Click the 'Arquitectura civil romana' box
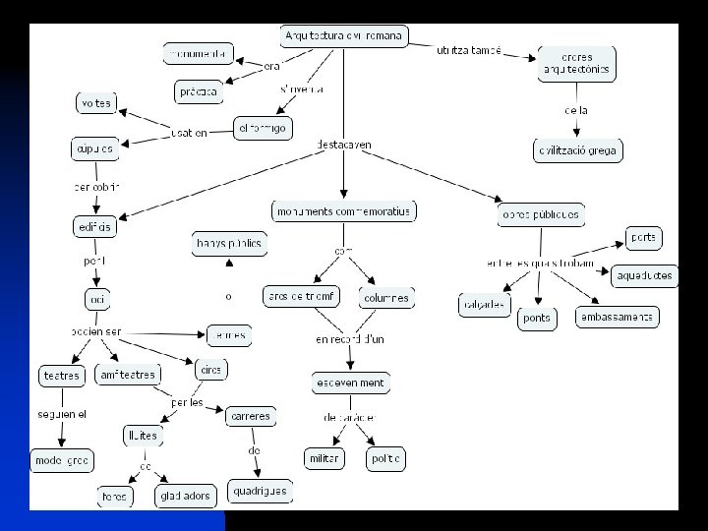[x=343, y=36]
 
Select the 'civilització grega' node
[x=579, y=150]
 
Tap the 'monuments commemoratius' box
[x=343, y=211]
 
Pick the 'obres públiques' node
[x=541, y=214]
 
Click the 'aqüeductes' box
[x=646, y=275]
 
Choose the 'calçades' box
[x=485, y=305]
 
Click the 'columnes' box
[x=385, y=297]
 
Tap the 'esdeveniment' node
[x=350, y=382]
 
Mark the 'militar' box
[x=324, y=458]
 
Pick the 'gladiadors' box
[x=184, y=497]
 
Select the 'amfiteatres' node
[x=129, y=375]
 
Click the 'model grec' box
[x=61, y=459]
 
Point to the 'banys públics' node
[x=228, y=243]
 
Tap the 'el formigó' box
[x=263, y=127]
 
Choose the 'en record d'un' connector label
[x=349, y=340]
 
